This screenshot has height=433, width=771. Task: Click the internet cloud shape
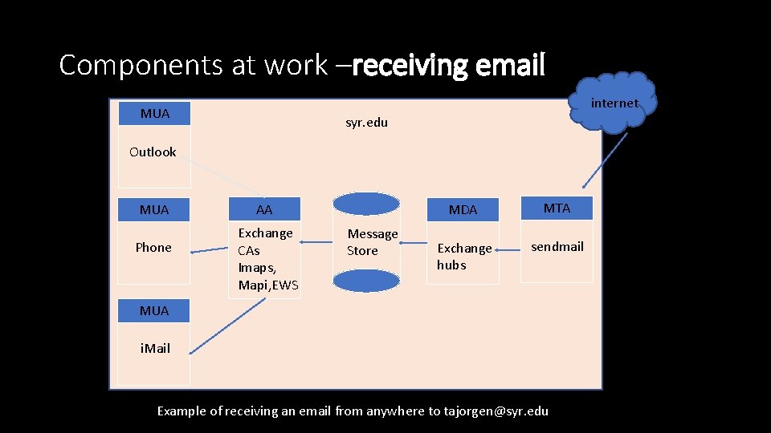click(x=614, y=102)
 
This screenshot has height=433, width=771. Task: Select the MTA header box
click(x=557, y=208)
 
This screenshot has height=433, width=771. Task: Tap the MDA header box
click(x=463, y=209)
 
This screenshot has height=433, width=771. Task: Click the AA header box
click(x=264, y=209)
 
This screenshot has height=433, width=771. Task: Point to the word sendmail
click(x=557, y=246)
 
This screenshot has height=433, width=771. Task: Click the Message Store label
click(x=372, y=242)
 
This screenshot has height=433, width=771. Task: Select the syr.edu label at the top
click(x=366, y=123)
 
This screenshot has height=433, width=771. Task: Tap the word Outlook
click(x=153, y=152)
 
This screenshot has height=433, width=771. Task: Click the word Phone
click(x=153, y=247)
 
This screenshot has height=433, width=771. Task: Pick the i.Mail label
click(x=154, y=348)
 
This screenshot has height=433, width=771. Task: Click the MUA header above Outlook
click(x=154, y=113)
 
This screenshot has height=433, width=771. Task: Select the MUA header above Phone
click(x=154, y=209)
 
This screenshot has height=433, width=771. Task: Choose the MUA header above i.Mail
click(x=154, y=310)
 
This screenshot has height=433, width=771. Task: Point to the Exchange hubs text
click(x=463, y=257)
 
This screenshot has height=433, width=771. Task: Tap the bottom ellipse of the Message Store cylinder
click(x=366, y=281)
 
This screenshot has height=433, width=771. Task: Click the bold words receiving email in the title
click(x=448, y=65)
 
